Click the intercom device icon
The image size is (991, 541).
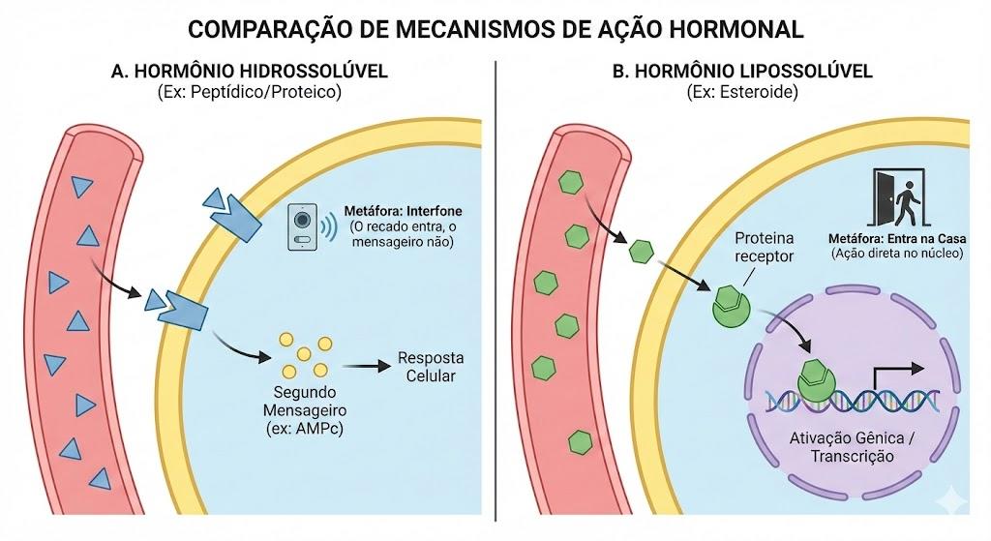coord(303,226)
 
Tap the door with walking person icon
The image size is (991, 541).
coord(899,197)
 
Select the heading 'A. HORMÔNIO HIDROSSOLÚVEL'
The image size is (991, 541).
coord(249,71)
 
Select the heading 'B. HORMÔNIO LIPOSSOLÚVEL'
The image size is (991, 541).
coord(742,71)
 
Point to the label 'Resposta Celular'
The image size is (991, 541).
coord(431,367)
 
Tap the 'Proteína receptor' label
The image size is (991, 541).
coord(765,247)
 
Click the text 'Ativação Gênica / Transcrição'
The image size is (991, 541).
coord(852,447)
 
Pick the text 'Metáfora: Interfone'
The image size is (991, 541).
coord(403,211)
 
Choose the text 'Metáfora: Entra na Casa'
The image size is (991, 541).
coord(897,238)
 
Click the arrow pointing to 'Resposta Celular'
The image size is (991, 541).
coord(367,366)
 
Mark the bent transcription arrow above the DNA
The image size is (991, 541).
coord(897,378)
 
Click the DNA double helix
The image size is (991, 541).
coord(853,401)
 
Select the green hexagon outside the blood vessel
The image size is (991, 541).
coord(641,252)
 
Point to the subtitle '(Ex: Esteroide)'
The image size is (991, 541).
coord(742,92)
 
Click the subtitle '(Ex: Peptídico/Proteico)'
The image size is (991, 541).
coord(249,92)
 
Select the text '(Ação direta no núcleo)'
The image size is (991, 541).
coord(897,254)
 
